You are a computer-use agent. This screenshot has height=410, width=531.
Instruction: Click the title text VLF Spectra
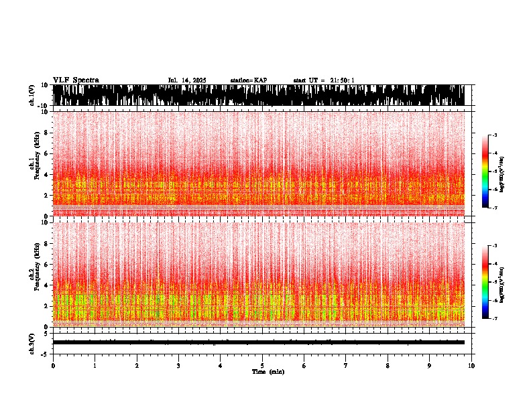pyautogui.click(x=76, y=80)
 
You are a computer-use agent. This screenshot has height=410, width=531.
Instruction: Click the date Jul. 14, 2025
pyautogui.click(x=186, y=80)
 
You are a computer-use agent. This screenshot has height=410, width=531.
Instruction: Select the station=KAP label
pyautogui.click(x=249, y=80)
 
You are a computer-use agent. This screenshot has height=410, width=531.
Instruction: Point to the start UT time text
pyautogui.click(x=324, y=80)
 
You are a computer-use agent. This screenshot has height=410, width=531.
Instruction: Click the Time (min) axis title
pyautogui.click(x=268, y=372)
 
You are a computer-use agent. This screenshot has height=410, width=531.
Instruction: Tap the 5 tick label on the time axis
pyautogui.click(x=262, y=366)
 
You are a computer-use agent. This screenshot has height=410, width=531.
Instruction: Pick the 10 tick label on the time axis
pyautogui.click(x=472, y=366)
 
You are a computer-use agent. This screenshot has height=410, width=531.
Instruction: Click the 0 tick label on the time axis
pyautogui.click(x=53, y=366)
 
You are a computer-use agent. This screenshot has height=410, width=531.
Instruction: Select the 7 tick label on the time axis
pyautogui.click(x=346, y=366)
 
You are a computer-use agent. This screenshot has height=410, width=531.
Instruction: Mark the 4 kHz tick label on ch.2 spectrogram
pyautogui.click(x=47, y=285)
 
